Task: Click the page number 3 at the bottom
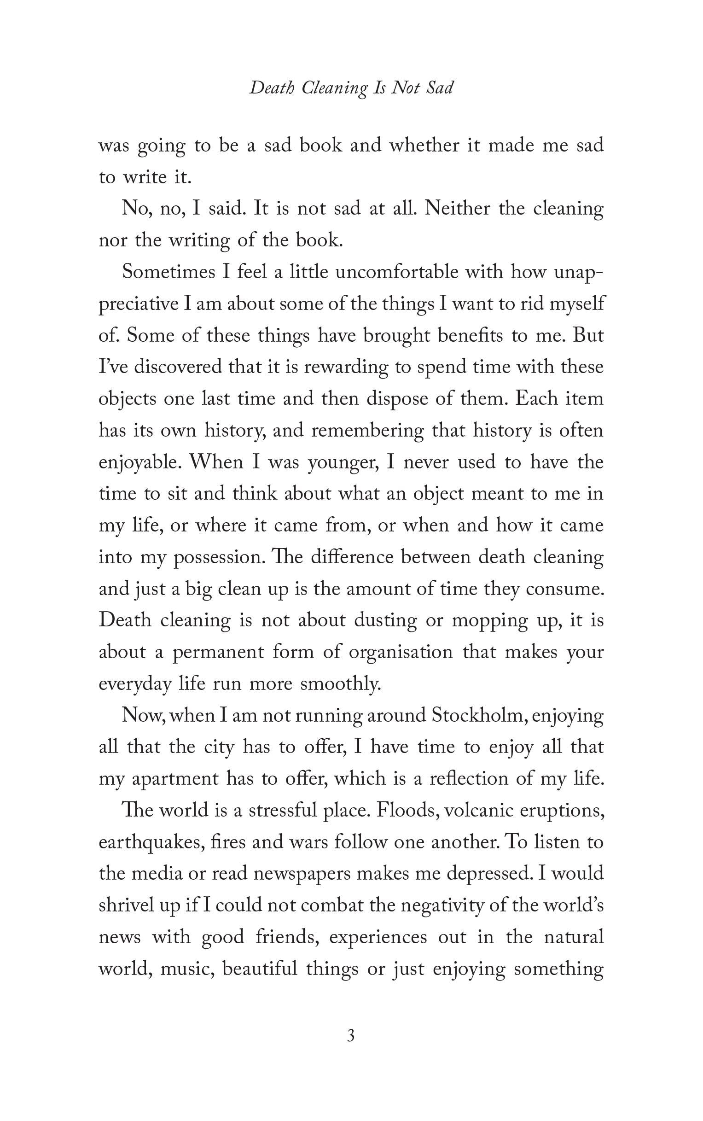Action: [351, 1036]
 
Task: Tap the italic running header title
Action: [351, 88]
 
